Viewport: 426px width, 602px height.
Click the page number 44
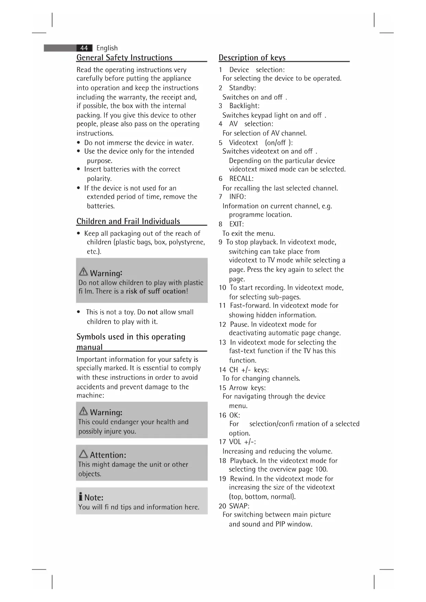84,48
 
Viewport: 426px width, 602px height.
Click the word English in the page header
107,48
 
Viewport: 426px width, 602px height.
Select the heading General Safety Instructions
124,58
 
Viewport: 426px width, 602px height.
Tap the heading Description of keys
252,58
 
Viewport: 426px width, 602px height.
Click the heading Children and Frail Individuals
128,221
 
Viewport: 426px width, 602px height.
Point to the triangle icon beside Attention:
83,454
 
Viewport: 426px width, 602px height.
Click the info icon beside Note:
80,497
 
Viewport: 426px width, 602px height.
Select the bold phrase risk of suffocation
156,291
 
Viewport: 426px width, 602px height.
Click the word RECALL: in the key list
241,178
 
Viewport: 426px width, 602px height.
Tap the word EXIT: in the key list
237,224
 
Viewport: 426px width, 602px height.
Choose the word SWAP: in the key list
239,506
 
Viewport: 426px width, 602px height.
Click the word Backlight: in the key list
244,106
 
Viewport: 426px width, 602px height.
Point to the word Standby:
242,88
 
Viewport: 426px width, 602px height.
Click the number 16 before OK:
222,415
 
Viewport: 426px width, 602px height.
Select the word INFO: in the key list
238,197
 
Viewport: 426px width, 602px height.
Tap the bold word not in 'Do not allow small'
152,312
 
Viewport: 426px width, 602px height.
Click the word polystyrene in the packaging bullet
187,242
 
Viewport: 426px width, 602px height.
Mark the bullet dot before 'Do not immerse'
79,143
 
